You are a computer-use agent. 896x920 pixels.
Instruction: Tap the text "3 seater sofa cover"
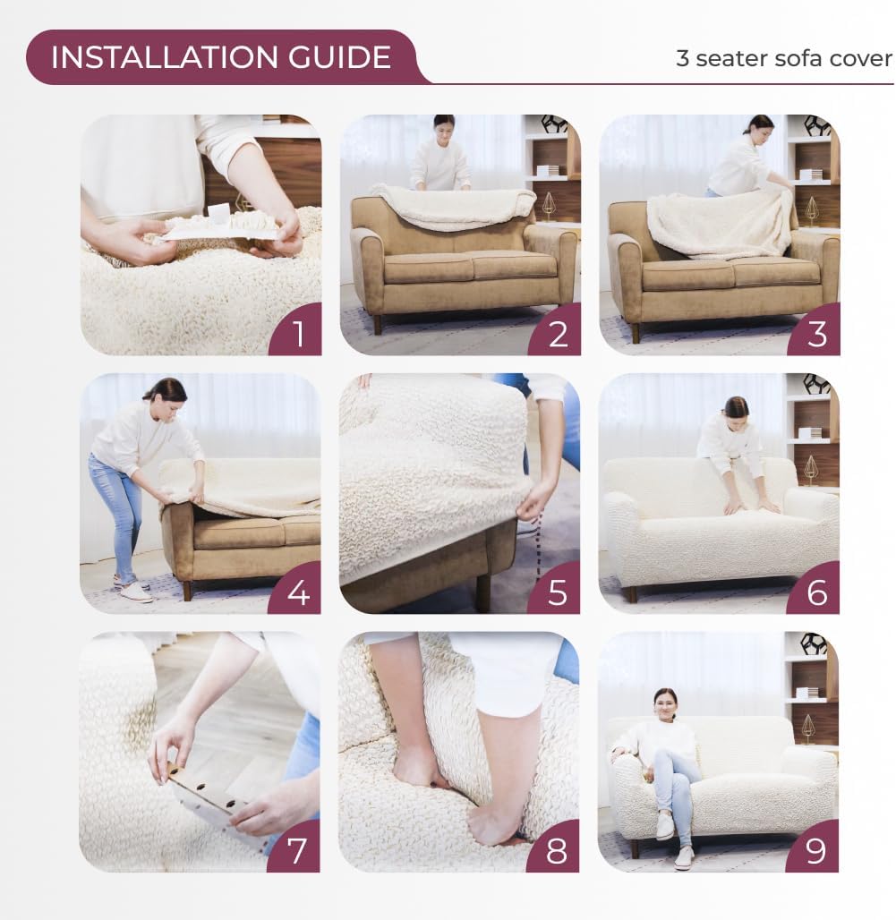point(784,58)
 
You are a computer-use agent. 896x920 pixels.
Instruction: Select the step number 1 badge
point(297,333)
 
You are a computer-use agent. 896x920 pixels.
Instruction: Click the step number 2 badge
point(557,333)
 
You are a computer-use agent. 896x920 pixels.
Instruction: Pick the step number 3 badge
point(816,333)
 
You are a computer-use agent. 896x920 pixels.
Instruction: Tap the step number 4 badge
point(297,592)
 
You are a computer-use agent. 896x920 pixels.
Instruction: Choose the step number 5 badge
point(557,592)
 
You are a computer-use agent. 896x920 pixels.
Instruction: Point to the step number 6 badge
point(816,592)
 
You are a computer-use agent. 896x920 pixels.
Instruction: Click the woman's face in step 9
point(665,705)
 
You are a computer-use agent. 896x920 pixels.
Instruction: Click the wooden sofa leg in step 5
point(483,591)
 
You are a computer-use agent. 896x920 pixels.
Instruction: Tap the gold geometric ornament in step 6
point(811,468)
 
